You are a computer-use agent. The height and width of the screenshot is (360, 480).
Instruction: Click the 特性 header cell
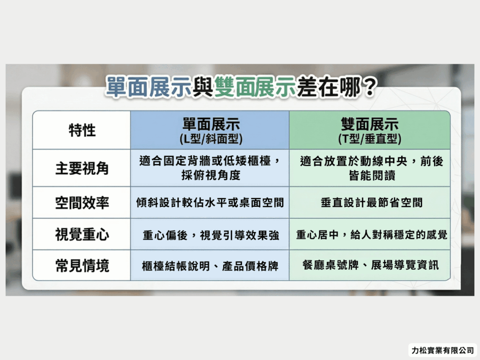pyautogui.click(x=82, y=130)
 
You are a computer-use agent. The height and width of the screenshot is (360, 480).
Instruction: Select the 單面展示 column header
pyautogui.click(x=210, y=125)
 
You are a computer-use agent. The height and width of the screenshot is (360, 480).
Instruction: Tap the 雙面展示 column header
pyautogui.click(x=370, y=125)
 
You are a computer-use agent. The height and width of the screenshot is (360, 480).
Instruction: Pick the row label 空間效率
pyautogui.click(x=82, y=202)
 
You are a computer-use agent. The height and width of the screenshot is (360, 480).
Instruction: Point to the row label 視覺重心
pyautogui.click(x=82, y=234)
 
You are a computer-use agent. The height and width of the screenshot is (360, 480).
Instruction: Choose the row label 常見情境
pyautogui.click(x=82, y=266)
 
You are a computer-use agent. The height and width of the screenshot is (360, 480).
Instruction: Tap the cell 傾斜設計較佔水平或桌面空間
pyautogui.click(x=210, y=202)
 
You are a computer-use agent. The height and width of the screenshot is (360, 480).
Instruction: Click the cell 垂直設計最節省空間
pyautogui.click(x=370, y=202)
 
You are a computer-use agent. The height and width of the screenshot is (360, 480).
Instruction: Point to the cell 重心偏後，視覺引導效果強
pyautogui.click(x=210, y=235)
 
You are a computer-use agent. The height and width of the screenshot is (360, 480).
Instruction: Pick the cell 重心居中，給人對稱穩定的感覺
pyautogui.click(x=370, y=234)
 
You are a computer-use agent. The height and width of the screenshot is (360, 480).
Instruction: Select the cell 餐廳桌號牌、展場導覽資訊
pyautogui.click(x=370, y=266)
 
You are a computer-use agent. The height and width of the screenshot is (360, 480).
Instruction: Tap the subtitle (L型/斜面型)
pyautogui.click(x=210, y=139)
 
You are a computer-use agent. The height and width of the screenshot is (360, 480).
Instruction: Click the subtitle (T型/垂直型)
pyautogui.click(x=370, y=139)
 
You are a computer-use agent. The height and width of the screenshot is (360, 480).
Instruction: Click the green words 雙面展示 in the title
pyautogui.click(x=255, y=87)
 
